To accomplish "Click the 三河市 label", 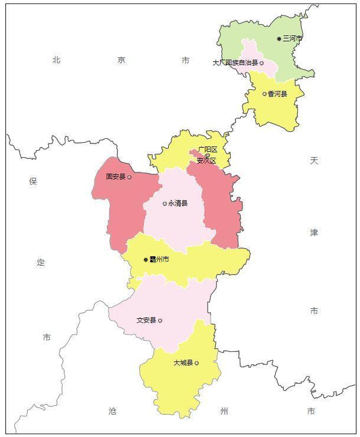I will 293,38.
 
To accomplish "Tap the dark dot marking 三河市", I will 280,39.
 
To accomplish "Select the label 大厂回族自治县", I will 235,63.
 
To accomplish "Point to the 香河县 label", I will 277,94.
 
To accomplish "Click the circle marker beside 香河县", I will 264,94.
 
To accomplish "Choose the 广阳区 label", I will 208,150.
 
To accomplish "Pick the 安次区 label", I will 207,161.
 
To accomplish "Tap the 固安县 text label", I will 116,177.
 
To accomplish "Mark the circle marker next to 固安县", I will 129,177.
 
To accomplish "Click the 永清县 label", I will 178,204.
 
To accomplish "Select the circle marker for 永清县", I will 165,204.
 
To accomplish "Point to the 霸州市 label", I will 159,259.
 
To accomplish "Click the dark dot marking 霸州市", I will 146,259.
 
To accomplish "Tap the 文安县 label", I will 146,321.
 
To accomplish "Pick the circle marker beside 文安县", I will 160,321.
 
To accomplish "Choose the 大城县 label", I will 183,363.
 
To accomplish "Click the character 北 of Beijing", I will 57,60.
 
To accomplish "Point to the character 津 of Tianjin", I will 314,233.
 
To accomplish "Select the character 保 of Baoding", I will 33,181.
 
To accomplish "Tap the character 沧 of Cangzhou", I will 112,411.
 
